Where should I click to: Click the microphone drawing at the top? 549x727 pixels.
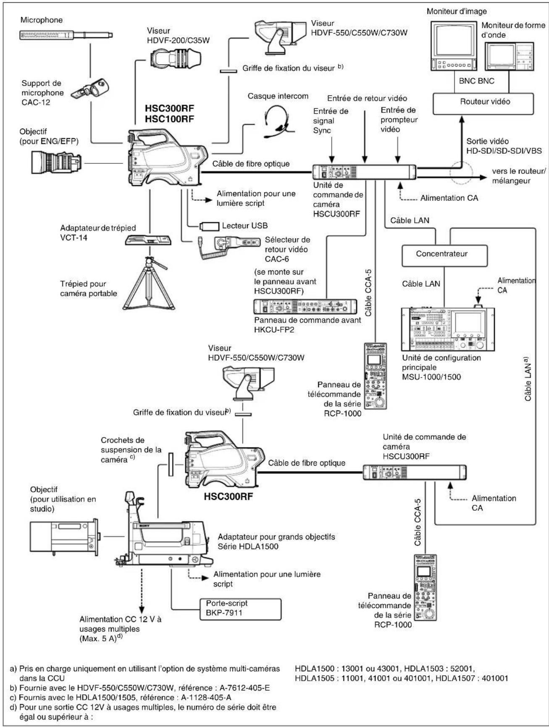coord(66,35)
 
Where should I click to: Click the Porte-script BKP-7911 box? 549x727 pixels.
coord(240,608)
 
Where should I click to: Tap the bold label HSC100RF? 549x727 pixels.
coord(169,119)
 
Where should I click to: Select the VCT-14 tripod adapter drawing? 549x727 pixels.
coord(149,240)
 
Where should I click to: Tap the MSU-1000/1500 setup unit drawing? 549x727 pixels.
coord(448,328)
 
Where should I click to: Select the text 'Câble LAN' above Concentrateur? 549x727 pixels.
coord(410,220)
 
